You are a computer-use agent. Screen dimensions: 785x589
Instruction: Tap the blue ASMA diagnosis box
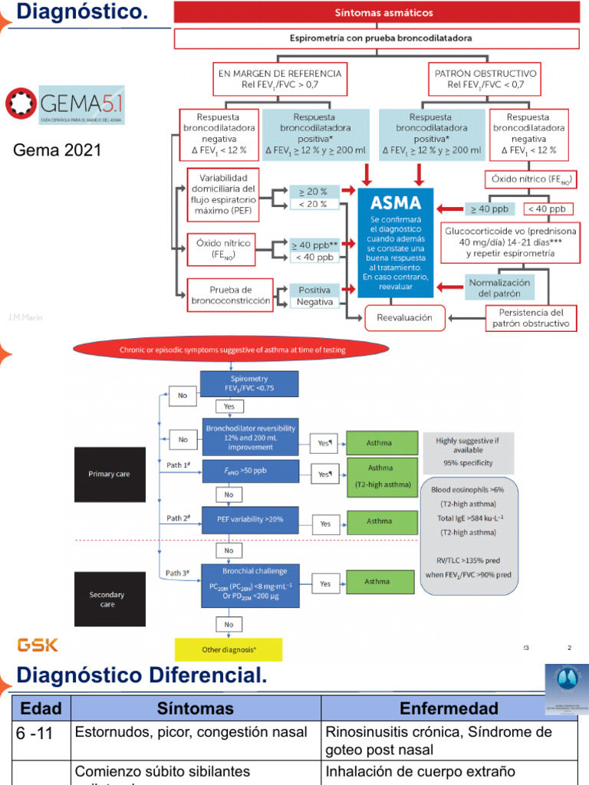[396, 241]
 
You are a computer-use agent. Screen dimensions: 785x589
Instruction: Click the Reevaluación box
[404, 317]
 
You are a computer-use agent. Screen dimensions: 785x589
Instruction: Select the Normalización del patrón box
[499, 287]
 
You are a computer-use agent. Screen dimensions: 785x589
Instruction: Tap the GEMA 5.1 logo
[65, 105]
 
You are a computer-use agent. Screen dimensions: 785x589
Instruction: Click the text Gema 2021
[58, 150]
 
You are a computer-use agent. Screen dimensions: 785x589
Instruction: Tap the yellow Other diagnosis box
[229, 649]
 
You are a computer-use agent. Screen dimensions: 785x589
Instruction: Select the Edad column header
[40, 708]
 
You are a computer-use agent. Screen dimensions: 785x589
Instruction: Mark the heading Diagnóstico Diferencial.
[142, 675]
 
